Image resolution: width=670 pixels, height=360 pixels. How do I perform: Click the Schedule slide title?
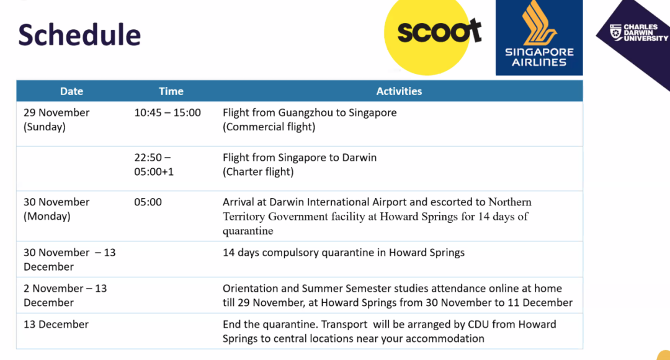click(79, 35)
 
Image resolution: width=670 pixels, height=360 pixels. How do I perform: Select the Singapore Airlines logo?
click(539, 38)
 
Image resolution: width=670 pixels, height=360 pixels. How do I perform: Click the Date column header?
click(71, 91)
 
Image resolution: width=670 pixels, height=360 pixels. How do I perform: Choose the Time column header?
click(171, 91)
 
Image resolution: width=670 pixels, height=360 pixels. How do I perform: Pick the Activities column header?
click(399, 91)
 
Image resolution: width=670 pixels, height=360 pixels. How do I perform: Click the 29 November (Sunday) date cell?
click(56, 120)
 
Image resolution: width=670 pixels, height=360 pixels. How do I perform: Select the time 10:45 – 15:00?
click(167, 113)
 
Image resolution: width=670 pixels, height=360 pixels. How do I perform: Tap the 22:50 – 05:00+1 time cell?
click(154, 164)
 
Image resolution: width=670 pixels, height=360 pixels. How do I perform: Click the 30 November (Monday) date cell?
click(56, 209)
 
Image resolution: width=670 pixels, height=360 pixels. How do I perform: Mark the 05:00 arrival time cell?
click(148, 202)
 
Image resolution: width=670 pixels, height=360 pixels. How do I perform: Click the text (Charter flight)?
click(258, 172)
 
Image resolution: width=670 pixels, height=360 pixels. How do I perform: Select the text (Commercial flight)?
click(269, 127)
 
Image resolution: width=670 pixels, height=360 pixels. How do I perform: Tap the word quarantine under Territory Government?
click(248, 232)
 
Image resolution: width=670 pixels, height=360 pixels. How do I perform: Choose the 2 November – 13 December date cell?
click(65, 295)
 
